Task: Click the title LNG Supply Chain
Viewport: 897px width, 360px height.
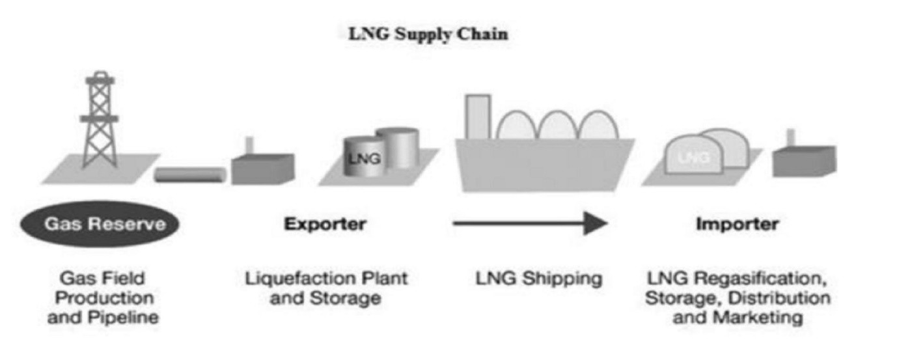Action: click(x=428, y=35)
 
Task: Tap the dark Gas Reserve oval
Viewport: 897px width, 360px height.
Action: click(x=104, y=224)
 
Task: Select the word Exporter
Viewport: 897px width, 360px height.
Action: click(x=325, y=224)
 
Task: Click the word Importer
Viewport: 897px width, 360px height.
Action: click(x=737, y=224)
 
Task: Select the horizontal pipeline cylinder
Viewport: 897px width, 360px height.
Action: click(x=190, y=174)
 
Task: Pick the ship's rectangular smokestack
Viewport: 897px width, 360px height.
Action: click(x=478, y=117)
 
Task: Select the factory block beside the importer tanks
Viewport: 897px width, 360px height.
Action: click(x=803, y=161)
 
